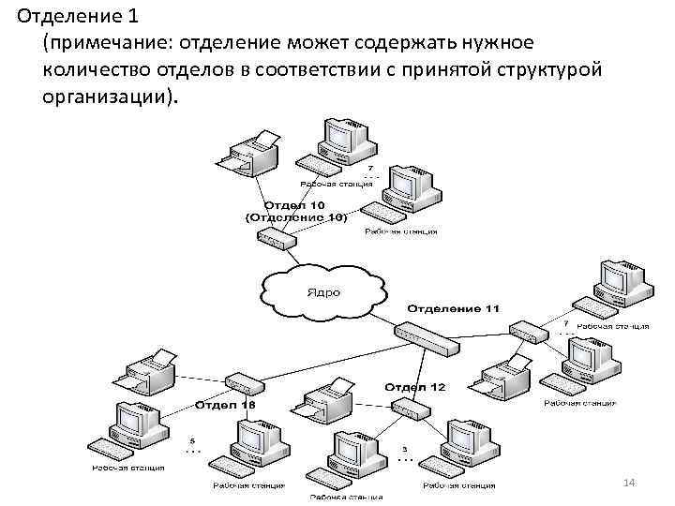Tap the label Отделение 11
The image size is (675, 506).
(x=453, y=308)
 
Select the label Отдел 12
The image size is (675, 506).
(x=415, y=386)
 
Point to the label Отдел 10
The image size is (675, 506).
(x=295, y=204)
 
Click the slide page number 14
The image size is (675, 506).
(x=629, y=482)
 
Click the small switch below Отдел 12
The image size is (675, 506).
(x=410, y=408)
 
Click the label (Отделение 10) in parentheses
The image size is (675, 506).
(x=295, y=216)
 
